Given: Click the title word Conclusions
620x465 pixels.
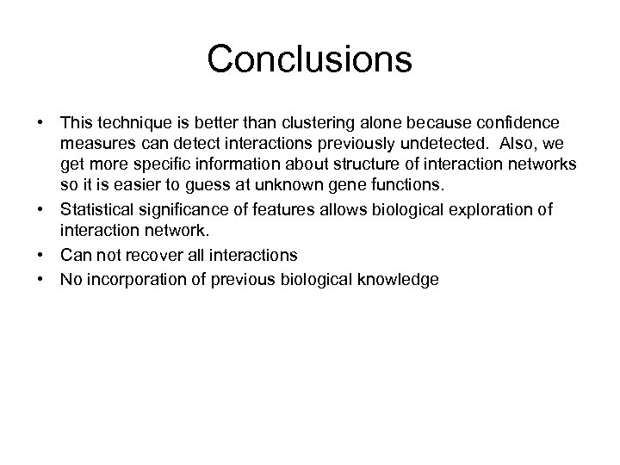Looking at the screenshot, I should (310, 59).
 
